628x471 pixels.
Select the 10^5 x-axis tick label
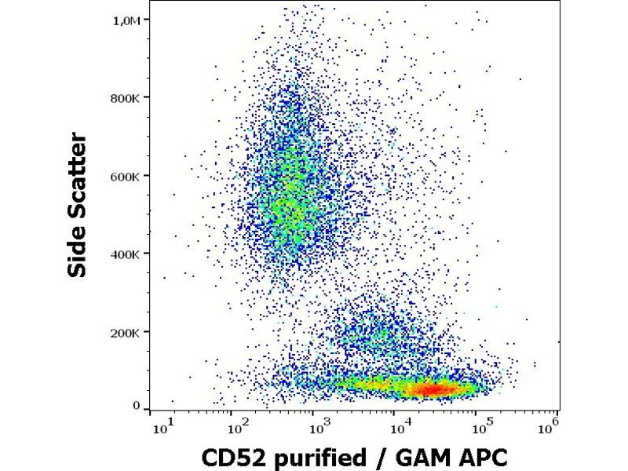coord(480,425)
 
